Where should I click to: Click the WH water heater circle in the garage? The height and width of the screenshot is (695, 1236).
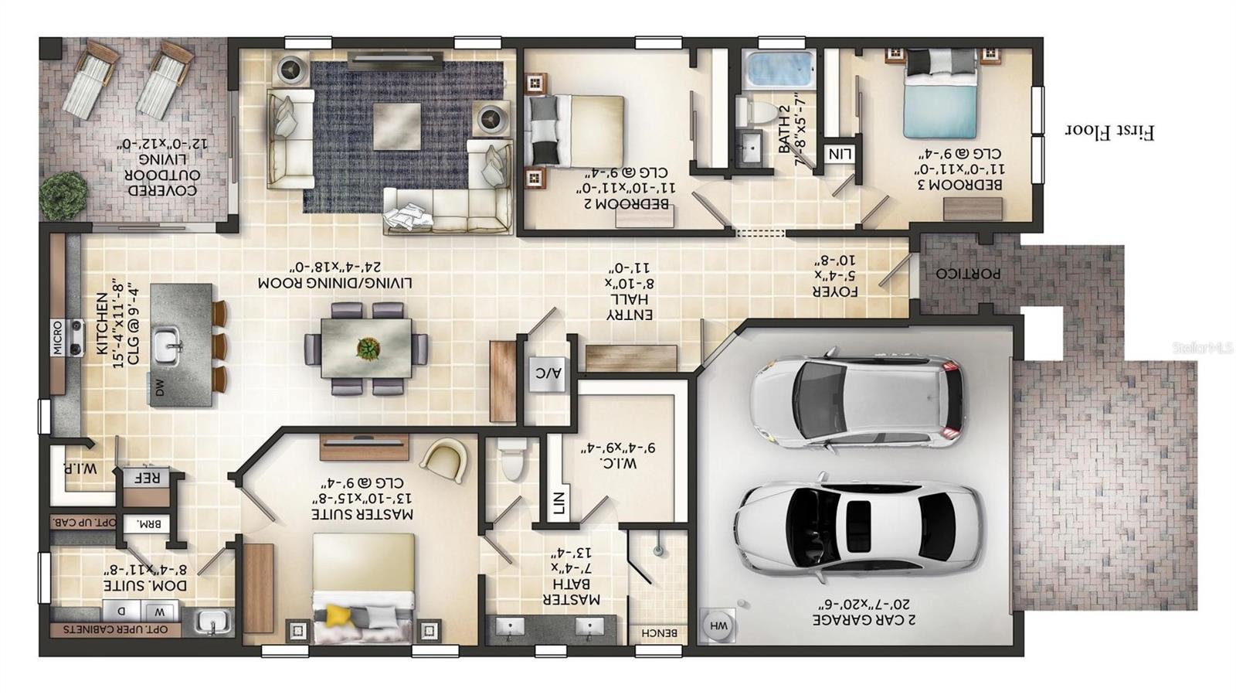point(718,625)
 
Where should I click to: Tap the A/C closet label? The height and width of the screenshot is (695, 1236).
point(548,373)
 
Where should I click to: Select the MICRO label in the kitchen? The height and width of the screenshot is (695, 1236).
point(58,338)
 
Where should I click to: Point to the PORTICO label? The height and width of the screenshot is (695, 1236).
point(968,274)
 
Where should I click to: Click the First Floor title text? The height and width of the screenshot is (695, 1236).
point(1109,131)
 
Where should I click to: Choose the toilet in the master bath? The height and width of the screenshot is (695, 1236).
point(511,462)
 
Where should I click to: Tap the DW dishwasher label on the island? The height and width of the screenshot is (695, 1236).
point(160,388)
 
